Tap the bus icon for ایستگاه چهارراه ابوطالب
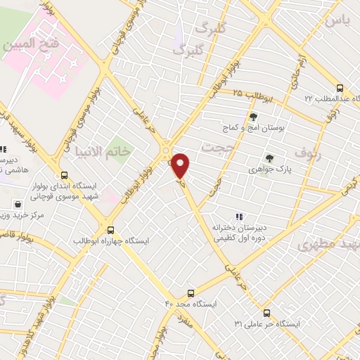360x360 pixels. point(110,229)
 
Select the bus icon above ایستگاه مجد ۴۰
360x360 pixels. point(191,293)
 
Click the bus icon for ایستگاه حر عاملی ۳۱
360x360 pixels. point(266,313)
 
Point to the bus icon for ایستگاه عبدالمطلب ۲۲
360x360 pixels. point(340,89)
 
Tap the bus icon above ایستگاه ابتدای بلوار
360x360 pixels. point(64,176)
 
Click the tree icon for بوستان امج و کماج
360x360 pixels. point(252,117)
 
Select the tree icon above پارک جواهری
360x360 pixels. point(269,158)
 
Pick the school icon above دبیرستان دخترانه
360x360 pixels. point(239,217)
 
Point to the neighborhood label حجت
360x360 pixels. point(215,147)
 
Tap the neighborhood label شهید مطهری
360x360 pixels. point(328,245)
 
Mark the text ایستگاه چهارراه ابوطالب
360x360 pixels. point(112,240)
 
